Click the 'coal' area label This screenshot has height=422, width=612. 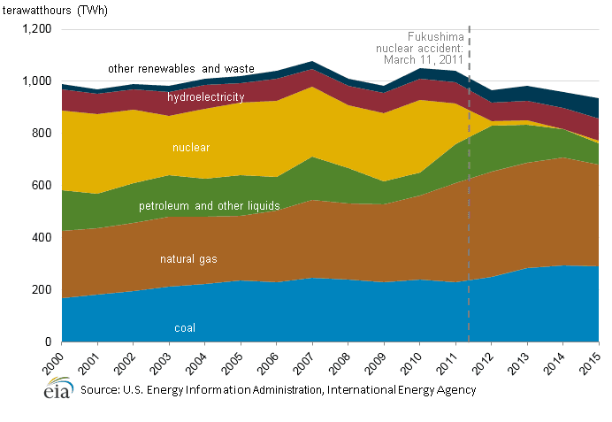185,328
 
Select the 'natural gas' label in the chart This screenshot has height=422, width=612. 189,259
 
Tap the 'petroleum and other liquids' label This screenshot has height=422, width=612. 209,206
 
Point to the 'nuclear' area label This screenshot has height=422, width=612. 191,147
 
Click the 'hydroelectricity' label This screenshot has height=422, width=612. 206,96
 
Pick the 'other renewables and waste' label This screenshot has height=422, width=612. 180,68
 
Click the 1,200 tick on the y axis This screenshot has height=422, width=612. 37,29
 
